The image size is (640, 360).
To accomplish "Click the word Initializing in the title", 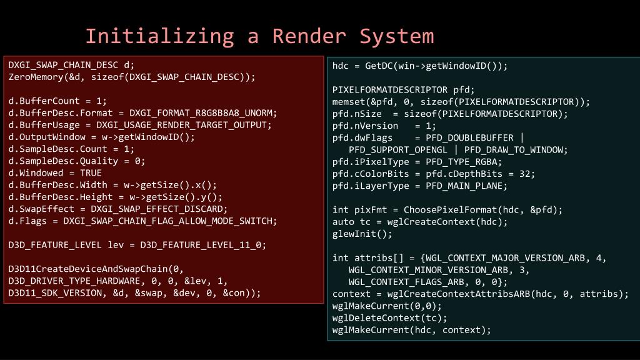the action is point(159,36).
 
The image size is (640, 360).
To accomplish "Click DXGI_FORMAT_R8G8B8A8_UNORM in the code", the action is point(202,113).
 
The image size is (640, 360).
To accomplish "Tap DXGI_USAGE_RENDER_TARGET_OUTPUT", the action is point(184,125).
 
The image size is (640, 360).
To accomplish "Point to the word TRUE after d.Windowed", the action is point(91,173).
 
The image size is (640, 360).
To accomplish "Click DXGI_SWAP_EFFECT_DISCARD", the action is point(159,209).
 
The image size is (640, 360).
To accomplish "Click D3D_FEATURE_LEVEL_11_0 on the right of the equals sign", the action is point(202,245).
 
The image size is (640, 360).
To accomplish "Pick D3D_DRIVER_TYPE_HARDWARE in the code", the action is point(74,281).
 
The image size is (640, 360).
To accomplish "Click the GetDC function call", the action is point(379,66).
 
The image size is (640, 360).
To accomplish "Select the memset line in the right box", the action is point(461,102).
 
